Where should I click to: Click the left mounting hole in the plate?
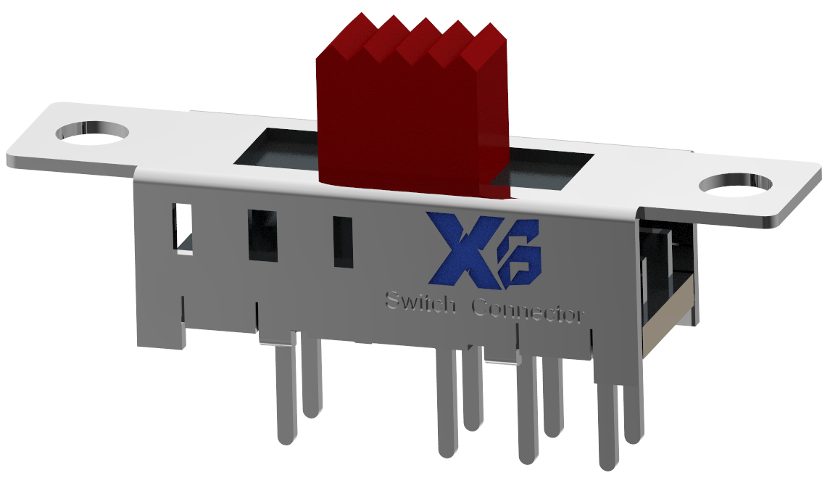[x=91, y=133]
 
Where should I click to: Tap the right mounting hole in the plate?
[x=736, y=184]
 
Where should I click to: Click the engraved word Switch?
[x=420, y=302]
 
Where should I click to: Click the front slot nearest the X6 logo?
[x=342, y=242]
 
